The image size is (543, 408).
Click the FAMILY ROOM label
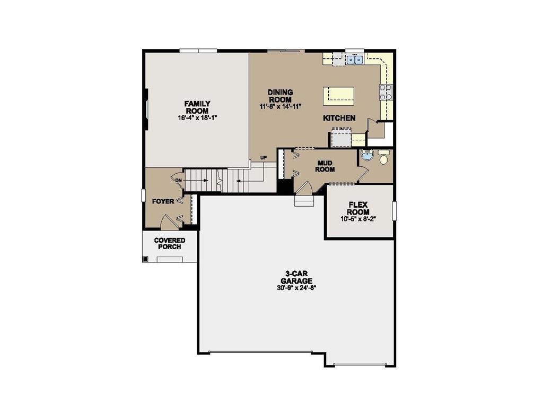(x=197, y=107)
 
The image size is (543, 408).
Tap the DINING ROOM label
(x=280, y=96)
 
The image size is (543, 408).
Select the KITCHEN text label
(x=339, y=118)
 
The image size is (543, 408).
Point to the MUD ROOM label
(x=325, y=166)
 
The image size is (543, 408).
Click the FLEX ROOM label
(x=359, y=208)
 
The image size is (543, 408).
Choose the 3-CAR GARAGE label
(x=296, y=277)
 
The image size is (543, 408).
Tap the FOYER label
(x=163, y=202)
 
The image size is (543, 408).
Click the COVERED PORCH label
(x=170, y=243)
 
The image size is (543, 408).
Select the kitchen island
(x=339, y=95)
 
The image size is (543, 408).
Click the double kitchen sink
(x=354, y=60)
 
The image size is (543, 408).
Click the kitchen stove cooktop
(x=386, y=92)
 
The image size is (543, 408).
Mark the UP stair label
(x=263, y=158)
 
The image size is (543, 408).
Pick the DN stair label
(x=179, y=180)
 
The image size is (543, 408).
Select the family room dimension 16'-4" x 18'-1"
(x=197, y=118)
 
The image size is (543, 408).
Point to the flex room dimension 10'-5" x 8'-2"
(x=359, y=218)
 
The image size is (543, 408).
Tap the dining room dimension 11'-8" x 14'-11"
(x=280, y=106)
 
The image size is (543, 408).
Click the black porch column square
(x=145, y=259)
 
